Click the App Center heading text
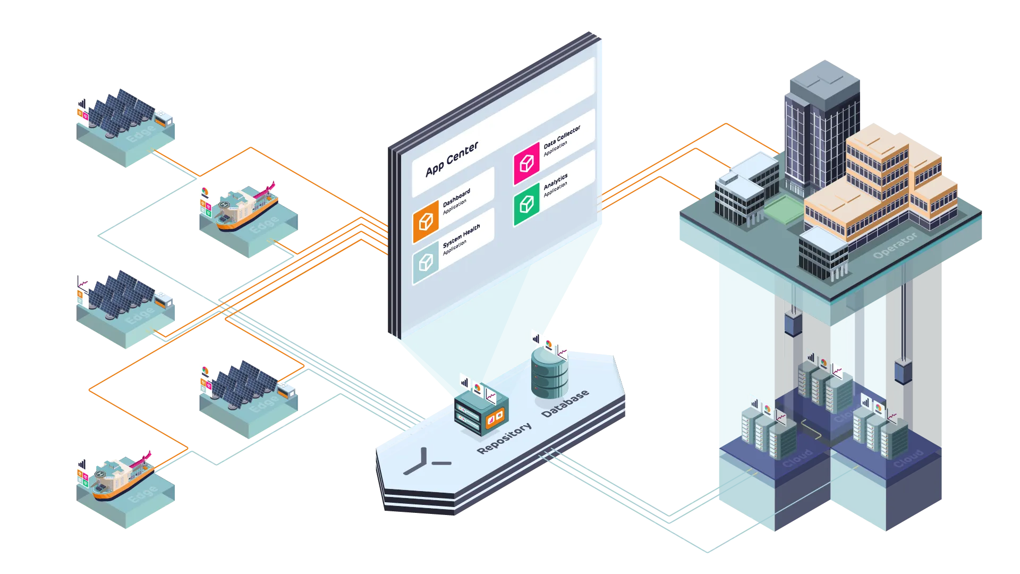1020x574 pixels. coord(452,158)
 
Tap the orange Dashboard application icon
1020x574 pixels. coord(426,222)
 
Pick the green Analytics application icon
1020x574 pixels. coord(526,204)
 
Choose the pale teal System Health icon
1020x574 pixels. coord(426,262)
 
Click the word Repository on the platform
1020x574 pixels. coord(504,438)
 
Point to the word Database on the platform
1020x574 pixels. coord(565,403)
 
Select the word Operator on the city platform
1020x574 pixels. coord(895,246)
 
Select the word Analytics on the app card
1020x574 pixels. coord(555,181)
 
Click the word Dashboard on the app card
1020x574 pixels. coord(456,197)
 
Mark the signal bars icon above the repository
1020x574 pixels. coord(465,382)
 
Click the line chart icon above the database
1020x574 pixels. coord(562,352)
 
